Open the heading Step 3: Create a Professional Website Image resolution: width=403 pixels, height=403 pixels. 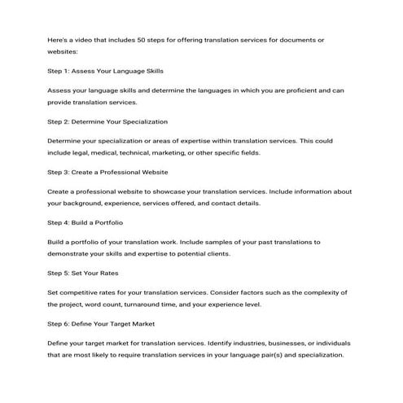click(x=108, y=172)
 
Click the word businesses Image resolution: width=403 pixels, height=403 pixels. click(x=274, y=344)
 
